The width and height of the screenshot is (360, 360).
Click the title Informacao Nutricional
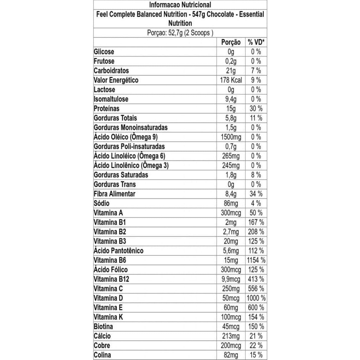click(180, 5)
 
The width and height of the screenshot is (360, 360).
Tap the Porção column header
click(231, 42)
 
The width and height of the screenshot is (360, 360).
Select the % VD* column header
click(256, 42)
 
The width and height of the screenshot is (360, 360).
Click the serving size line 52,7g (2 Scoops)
click(180, 33)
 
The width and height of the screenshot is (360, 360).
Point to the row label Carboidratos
click(111, 71)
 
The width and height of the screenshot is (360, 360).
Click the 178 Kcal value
click(231, 80)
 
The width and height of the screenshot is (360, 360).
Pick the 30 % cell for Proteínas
click(256, 109)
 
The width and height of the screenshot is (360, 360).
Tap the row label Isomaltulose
click(111, 99)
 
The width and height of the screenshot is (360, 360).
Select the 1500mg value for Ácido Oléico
click(231, 137)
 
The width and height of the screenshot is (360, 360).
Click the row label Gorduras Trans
click(115, 184)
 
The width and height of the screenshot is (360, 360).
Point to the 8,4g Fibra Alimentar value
click(231, 194)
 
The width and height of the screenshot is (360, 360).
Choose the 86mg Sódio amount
click(231, 203)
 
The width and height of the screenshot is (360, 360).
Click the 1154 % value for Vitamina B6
click(256, 260)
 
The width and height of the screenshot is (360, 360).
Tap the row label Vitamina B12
click(111, 279)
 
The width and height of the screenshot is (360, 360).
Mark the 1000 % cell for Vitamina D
click(256, 298)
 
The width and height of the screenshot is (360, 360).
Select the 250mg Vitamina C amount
click(231, 289)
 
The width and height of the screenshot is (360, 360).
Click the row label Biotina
click(103, 326)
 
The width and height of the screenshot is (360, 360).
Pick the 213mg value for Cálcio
click(231, 336)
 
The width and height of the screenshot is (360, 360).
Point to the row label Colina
click(102, 355)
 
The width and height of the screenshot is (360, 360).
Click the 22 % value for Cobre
click(256, 345)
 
